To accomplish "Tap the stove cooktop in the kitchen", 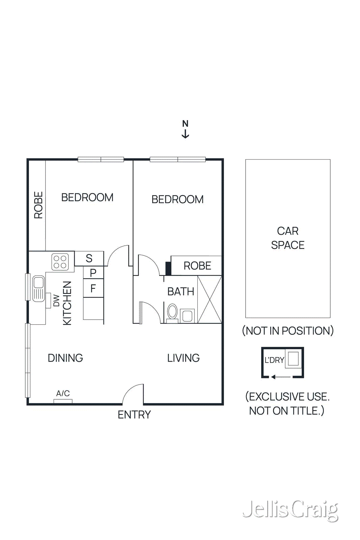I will click(x=60, y=262).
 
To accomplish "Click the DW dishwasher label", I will click(x=56, y=301).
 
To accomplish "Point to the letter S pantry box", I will click(x=89, y=259).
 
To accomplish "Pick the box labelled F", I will click(x=93, y=288).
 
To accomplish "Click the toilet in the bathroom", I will click(x=172, y=313).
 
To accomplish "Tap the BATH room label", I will click(x=181, y=292).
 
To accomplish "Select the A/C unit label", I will click(x=63, y=394).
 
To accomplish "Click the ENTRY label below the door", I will click(x=134, y=415).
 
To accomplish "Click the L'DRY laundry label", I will click(x=274, y=360).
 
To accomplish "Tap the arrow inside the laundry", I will click(x=281, y=377).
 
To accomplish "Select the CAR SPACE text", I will click(x=288, y=238).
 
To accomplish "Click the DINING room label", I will click(x=65, y=358).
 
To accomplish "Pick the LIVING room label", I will click(x=183, y=358).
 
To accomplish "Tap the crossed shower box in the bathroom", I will click(x=210, y=300).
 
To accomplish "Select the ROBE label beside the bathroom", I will click(x=197, y=266).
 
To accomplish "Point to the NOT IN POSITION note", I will click(x=288, y=331).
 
